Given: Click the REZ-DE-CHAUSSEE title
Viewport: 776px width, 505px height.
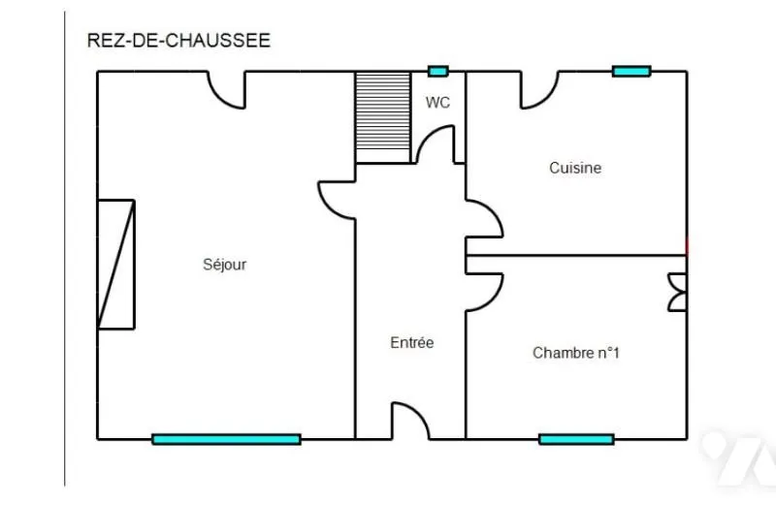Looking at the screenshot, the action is [x=178, y=41].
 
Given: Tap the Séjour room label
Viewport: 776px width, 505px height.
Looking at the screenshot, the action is [x=225, y=265].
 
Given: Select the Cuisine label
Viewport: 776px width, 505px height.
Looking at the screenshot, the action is [x=575, y=168].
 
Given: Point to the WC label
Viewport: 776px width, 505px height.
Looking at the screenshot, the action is [x=437, y=103].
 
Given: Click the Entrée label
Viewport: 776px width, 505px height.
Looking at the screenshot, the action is [x=411, y=342].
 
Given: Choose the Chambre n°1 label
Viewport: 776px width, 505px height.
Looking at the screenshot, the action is [x=576, y=353].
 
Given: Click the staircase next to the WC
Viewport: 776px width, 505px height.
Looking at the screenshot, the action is [x=383, y=117].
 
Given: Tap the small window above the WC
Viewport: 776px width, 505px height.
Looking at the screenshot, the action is [x=438, y=72].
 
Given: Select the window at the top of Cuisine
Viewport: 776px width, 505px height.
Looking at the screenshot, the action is [x=631, y=72].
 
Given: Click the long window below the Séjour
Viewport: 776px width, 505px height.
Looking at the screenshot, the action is [x=227, y=439].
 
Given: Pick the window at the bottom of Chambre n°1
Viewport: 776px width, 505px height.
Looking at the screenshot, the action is [x=576, y=439].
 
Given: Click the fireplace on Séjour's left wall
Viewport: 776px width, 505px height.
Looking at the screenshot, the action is [x=116, y=264].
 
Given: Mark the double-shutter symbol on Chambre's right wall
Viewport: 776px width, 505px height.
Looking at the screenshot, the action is [x=677, y=293].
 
